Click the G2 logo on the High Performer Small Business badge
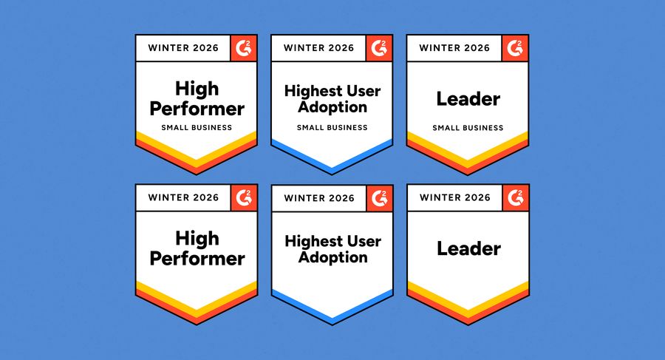point(244,48)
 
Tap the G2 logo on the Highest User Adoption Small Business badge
point(380,48)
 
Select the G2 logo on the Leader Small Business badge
point(516,48)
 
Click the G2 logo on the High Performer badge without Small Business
point(244,197)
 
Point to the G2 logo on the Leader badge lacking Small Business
point(516,197)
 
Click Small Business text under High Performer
point(197,127)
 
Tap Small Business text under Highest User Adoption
point(332,127)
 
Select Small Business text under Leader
point(468,127)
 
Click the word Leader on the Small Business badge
point(468,98)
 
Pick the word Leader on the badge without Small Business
point(468,248)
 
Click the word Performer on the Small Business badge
point(197,108)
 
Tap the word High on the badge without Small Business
point(197,238)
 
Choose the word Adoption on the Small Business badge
point(332,107)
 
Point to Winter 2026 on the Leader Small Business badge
point(454,48)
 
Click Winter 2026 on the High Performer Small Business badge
point(183,48)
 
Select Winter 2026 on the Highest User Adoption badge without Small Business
point(319,197)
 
